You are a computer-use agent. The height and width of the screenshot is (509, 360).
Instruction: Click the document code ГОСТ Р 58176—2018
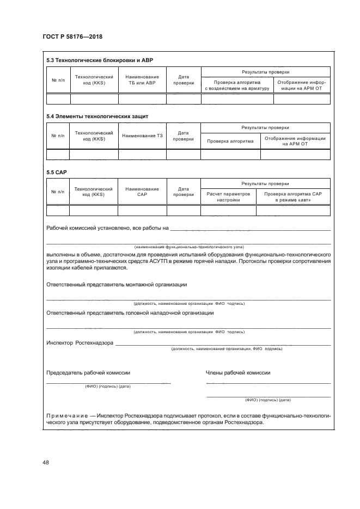(x=72, y=37)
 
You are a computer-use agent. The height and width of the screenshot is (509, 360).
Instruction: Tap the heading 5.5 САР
(x=56, y=173)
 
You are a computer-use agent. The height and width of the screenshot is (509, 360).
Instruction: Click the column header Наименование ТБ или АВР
(x=142, y=80)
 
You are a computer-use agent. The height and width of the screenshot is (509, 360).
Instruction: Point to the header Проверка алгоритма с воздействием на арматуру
(x=237, y=85)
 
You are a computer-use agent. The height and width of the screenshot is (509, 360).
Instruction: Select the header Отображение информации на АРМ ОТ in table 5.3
(x=301, y=85)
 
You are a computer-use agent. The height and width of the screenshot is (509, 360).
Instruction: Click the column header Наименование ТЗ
(x=142, y=136)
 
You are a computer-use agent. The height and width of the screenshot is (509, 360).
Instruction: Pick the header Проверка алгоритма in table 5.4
(x=230, y=141)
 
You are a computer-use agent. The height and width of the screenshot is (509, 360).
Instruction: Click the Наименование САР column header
(x=142, y=192)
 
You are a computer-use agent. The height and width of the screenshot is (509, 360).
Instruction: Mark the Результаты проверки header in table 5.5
(x=265, y=183)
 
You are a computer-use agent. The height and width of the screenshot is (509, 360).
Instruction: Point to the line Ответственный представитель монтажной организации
(x=117, y=284)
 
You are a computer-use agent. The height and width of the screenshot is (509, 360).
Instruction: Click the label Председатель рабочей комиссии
(x=88, y=373)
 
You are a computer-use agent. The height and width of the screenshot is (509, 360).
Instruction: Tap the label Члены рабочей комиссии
(x=237, y=373)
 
